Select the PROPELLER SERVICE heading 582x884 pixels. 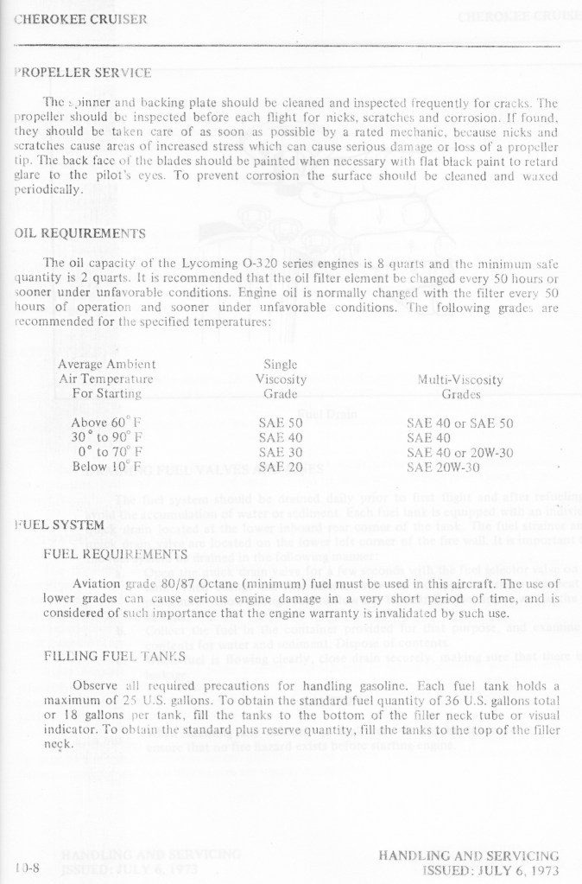(82, 72)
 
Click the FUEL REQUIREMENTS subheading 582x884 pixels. (115, 553)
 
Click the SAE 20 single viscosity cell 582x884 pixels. (281, 467)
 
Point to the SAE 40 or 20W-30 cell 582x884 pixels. (459, 452)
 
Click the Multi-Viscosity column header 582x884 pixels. (460, 379)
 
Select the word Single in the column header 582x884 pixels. (281, 365)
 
